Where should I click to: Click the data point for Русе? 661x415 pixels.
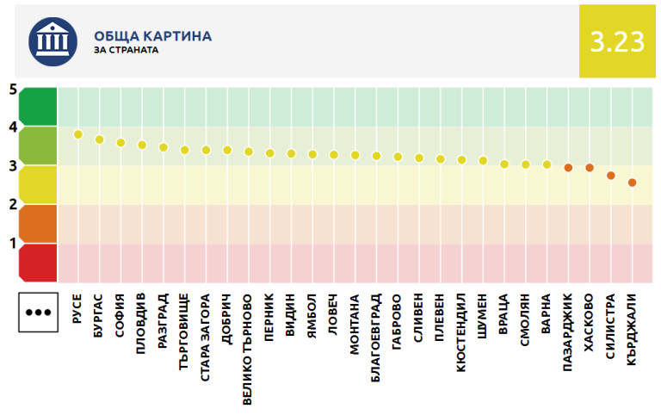coord(78,134)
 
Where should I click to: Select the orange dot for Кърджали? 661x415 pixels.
coord(632,183)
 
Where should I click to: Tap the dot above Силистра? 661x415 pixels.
coord(610,176)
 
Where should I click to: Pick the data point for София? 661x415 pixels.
coord(120,143)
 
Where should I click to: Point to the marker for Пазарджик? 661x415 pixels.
coord(568,167)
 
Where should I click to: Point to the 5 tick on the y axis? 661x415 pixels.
coord(13,89)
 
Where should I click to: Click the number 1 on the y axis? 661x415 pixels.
coord(13,243)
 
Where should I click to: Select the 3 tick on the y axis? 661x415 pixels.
coord(13,165)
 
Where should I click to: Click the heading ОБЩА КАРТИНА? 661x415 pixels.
coord(153,36)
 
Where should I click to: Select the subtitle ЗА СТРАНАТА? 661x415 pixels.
coord(126,50)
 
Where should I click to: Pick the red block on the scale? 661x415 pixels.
coord(38,263)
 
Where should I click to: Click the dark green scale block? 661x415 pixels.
coord(38,107)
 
